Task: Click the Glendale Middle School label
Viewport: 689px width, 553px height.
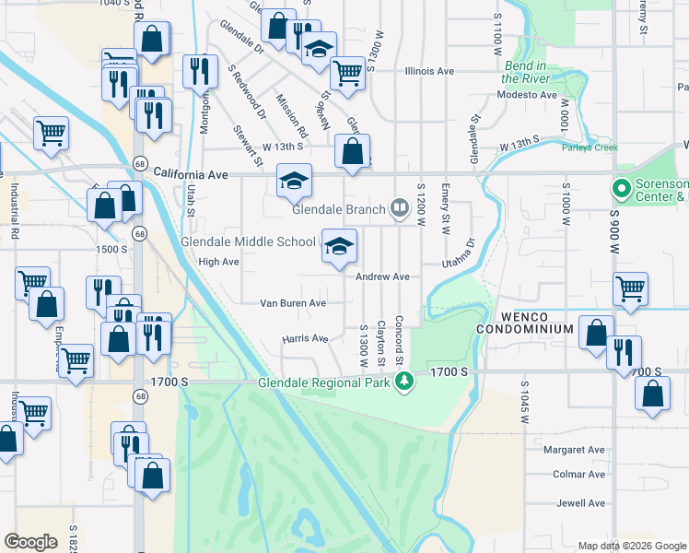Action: click(249, 242)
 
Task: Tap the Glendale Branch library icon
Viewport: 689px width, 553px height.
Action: click(399, 208)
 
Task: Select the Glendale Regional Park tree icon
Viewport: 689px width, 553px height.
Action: click(403, 382)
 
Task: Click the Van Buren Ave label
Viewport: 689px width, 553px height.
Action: click(293, 302)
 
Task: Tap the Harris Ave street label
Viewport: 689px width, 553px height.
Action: click(305, 338)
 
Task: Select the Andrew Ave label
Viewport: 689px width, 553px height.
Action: click(383, 276)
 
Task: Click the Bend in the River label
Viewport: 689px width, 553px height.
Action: click(525, 72)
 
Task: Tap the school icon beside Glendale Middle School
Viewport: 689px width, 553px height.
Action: click(338, 246)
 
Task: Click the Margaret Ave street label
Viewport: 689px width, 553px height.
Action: click(574, 450)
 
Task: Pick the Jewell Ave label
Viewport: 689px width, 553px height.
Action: click(580, 503)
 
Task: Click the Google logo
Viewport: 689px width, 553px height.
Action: click(30, 542)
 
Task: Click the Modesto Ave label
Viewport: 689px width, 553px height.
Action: click(529, 95)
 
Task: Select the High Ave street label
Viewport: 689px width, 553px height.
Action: click(218, 262)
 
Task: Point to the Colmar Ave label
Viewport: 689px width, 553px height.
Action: click(579, 475)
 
